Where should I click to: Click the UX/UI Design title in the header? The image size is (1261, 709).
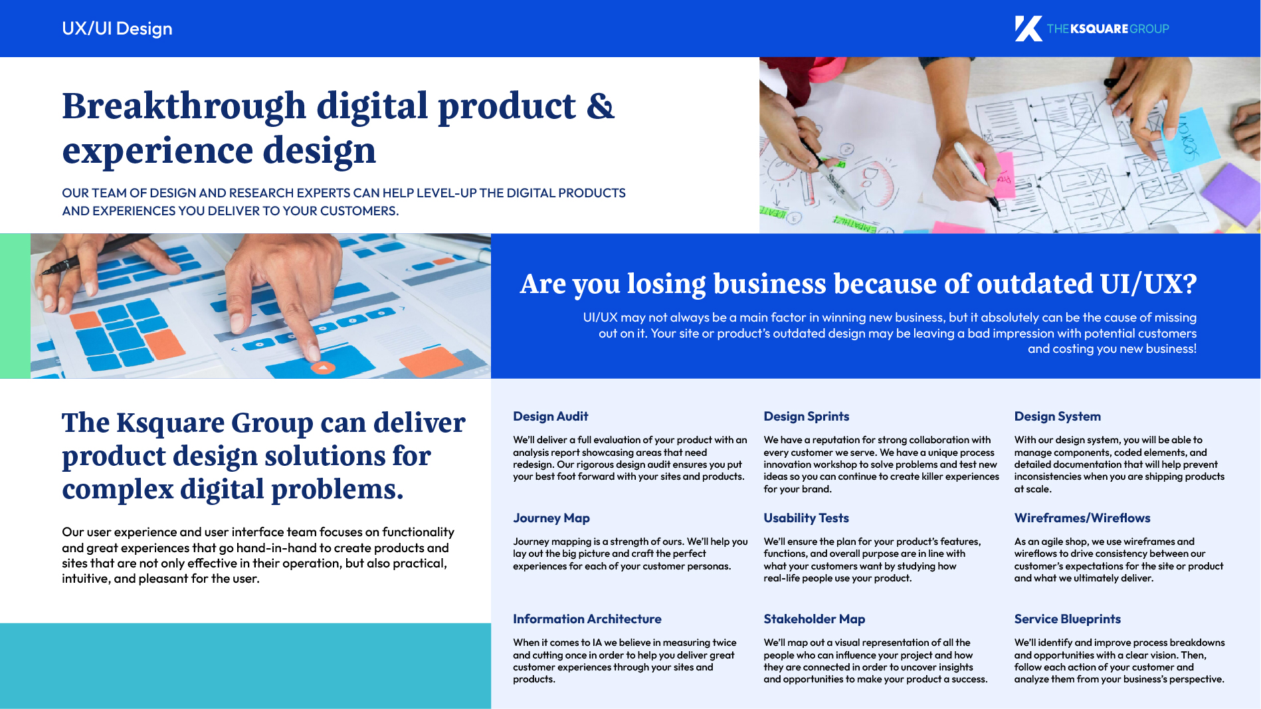[117, 29]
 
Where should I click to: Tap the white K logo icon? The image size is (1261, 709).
[1028, 29]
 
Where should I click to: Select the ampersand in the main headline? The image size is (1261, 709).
[601, 106]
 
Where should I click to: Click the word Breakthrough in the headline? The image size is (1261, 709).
[184, 106]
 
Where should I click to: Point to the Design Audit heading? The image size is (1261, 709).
[550, 416]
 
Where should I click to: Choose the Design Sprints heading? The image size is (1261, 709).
[806, 416]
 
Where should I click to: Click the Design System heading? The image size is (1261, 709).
[1057, 416]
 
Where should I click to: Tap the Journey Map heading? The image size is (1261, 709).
[551, 518]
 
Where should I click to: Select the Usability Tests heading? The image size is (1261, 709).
[806, 518]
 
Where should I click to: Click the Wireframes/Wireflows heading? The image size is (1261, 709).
[1082, 518]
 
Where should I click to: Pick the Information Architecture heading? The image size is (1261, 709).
[587, 619]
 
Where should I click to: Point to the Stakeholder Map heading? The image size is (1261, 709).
[814, 619]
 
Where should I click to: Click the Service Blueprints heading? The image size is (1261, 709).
[1067, 619]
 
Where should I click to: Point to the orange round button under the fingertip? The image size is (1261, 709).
[323, 367]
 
